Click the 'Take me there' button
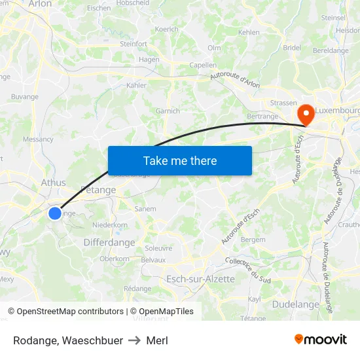point(179,160)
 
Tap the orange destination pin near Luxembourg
point(304,115)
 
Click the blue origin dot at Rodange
point(55,213)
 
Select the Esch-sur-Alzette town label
point(200,279)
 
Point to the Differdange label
point(109,242)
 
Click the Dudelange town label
point(295,304)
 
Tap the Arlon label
point(40,4)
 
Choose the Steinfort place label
point(134,44)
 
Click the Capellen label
point(202,65)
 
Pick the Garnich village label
point(168,111)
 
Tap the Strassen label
point(283,103)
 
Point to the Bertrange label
point(263,117)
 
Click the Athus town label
point(53,183)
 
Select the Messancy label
point(38,139)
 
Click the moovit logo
point(321,339)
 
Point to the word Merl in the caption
point(157,340)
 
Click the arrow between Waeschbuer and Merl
point(134,340)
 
